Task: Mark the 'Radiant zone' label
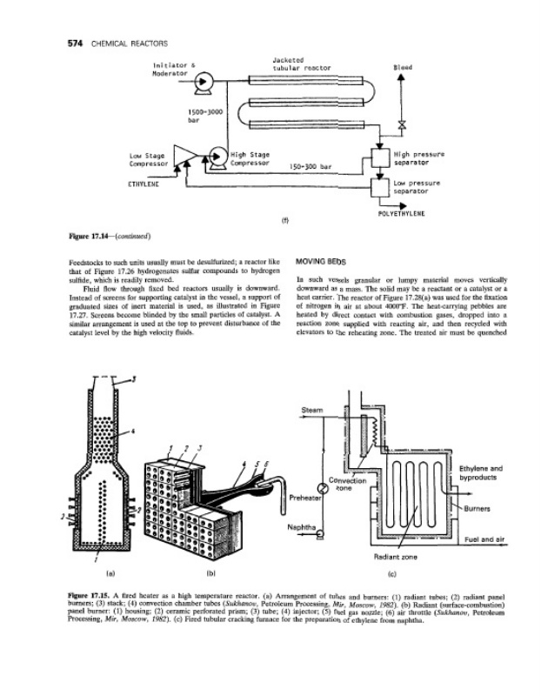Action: click(x=391, y=553)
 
